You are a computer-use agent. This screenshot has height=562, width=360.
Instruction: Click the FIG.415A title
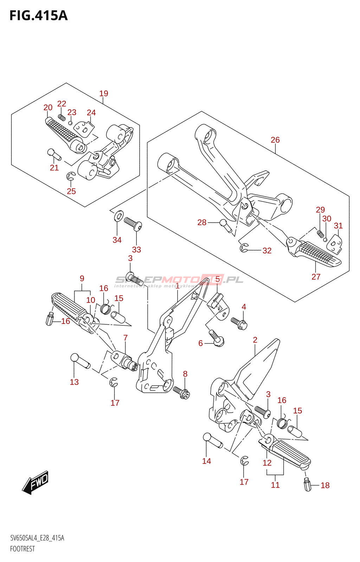[x=38, y=16]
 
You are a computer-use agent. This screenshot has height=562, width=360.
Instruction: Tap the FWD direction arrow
[x=36, y=482]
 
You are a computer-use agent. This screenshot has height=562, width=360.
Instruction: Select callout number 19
[x=104, y=93]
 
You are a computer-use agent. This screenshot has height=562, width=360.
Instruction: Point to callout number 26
[x=275, y=140]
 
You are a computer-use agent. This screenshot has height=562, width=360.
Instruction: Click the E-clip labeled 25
[x=71, y=177]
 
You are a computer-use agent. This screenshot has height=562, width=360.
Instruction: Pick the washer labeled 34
[x=119, y=216]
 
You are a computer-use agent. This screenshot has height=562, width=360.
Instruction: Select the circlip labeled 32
[x=244, y=248]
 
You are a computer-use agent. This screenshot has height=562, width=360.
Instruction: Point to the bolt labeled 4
[x=239, y=323]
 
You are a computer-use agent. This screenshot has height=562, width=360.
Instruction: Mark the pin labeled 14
[x=213, y=441]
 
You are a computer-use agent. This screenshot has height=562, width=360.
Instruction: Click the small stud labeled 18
[x=308, y=485]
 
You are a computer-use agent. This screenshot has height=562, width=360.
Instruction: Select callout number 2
[x=255, y=340]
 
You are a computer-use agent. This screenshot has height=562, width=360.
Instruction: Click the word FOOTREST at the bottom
[x=22, y=549]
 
